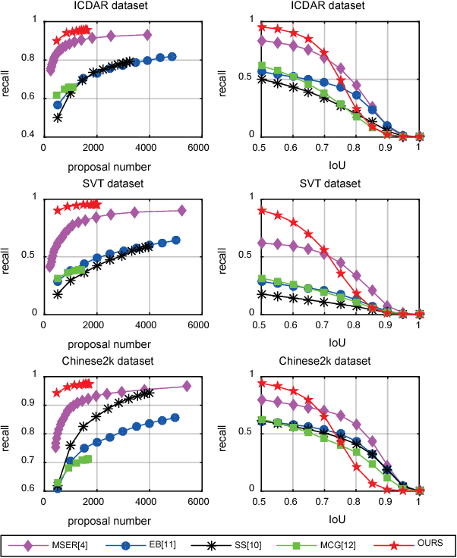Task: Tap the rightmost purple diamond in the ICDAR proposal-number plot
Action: (147, 36)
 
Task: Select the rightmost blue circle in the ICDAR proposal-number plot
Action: (172, 57)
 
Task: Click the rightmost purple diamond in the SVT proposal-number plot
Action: (181, 211)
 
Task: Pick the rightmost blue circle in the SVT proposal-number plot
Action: (176, 240)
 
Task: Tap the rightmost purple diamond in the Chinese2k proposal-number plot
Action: (187, 387)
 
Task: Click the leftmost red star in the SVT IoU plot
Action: (261, 211)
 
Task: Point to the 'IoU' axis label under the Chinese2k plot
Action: (339, 520)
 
